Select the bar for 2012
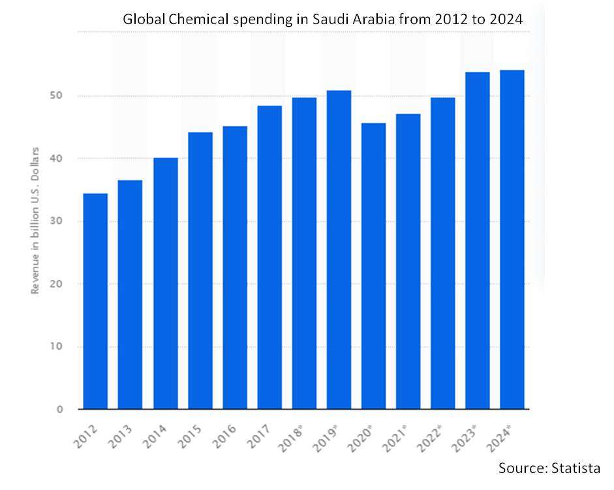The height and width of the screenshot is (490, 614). point(95,301)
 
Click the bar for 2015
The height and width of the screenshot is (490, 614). point(200,271)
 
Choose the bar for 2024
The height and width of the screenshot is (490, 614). point(512,239)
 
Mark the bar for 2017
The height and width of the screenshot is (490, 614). point(269,258)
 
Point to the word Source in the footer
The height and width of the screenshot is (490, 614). point(519,468)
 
